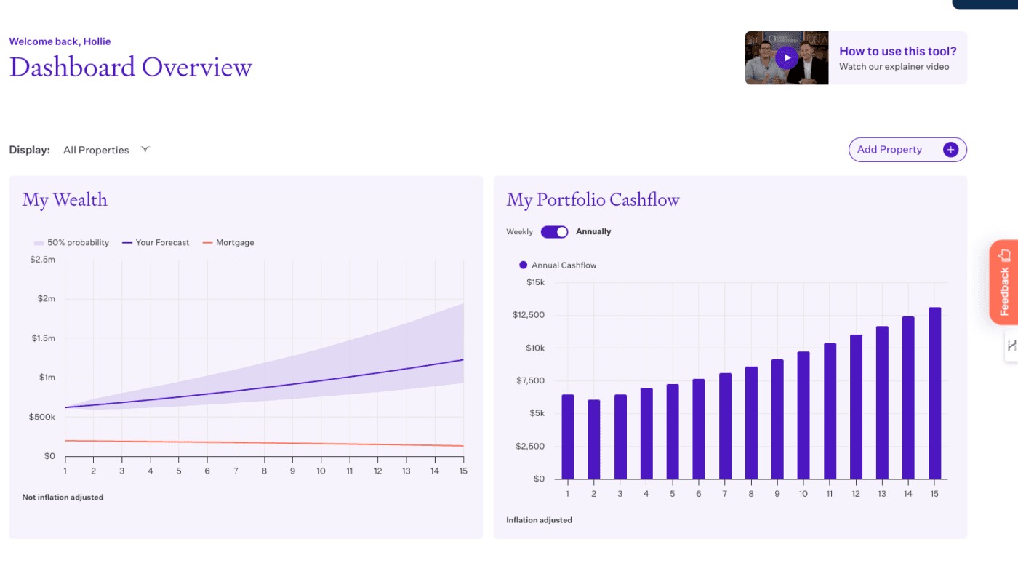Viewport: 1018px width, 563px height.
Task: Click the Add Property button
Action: pyautogui.click(x=907, y=150)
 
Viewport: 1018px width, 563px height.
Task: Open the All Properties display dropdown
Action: pyautogui.click(x=105, y=150)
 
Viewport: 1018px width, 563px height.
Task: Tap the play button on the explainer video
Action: pyautogui.click(x=786, y=57)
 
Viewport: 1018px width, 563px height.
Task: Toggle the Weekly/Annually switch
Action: pyautogui.click(x=554, y=232)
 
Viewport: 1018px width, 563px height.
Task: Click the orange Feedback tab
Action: pyautogui.click(x=1003, y=281)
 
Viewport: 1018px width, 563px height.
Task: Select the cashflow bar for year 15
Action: pyautogui.click(x=934, y=393)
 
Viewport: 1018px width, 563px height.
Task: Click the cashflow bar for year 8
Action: pyautogui.click(x=751, y=423)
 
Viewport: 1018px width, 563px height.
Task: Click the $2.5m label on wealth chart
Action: pyautogui.click(x=42, y=260)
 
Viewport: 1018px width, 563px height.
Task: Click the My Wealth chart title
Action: pyautogui.click(x=65, y=200)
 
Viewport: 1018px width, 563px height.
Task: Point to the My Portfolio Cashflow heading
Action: pyautogui.click(x=593, y=200)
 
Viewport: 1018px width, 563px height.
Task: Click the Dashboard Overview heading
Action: pyautogui.click(x=131, y=67)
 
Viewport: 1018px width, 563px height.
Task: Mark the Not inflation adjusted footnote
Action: pyautogui.click(x=63, y=498)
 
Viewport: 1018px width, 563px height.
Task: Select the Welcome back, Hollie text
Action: pyautogui.click(x=60, y=41)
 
